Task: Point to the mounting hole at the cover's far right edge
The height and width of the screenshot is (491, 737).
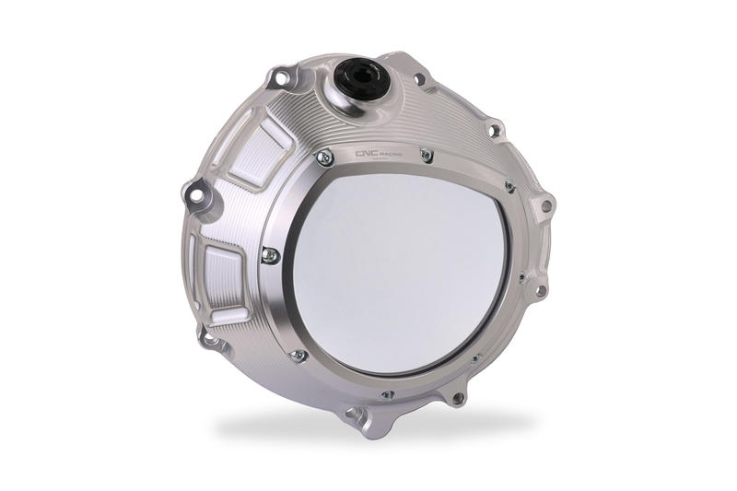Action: point(546,206)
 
